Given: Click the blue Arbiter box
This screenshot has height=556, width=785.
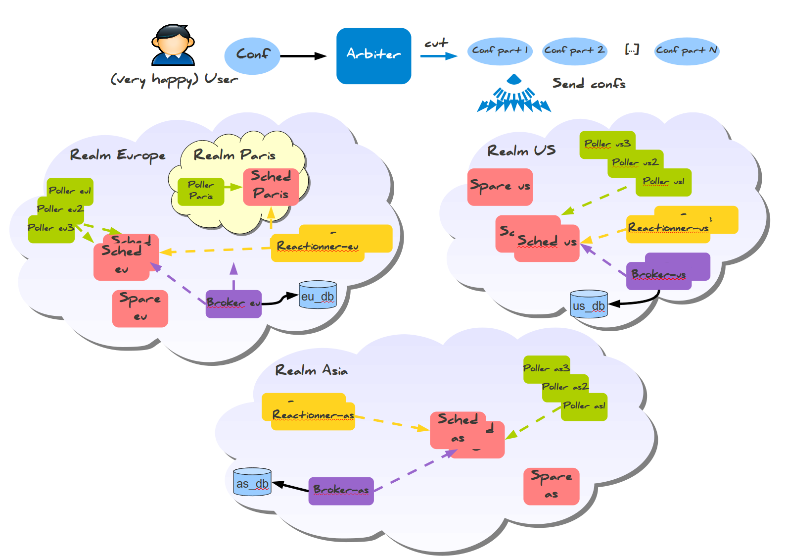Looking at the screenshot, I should [x=373, y=55].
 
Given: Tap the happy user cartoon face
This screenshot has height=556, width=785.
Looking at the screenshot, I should [x=173, y=45].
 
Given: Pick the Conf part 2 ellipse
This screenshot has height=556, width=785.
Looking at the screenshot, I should [x=574, y=51].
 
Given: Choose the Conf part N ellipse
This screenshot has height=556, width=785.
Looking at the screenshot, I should [x=687, y=51].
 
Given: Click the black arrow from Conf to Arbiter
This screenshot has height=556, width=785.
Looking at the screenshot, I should [x=303, y=56].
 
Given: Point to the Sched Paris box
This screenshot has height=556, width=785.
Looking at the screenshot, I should [x=271, y=186].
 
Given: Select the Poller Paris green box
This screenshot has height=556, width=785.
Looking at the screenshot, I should [x=201, y=191].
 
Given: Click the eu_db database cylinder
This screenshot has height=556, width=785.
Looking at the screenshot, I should [x=318, y=295].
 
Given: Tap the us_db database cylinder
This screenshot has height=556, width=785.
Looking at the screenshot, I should [x=589, y=304].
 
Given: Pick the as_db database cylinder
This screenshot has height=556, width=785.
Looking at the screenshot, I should [x=252, y=482].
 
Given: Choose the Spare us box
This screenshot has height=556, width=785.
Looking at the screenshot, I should [x=500, y=187].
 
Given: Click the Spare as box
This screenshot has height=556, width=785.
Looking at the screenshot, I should [x=551, y=486].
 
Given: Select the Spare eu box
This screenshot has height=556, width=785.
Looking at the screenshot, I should [x=140, y=308].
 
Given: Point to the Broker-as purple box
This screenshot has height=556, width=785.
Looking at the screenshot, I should [x=341, y=491].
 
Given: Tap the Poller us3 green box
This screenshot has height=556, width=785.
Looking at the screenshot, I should [x=607, y=144].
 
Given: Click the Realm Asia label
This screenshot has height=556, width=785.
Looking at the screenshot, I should [x=311, y=370].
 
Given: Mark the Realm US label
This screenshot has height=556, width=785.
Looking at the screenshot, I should [x=521, y=151].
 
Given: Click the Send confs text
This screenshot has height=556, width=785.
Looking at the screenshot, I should [x=589, y=84].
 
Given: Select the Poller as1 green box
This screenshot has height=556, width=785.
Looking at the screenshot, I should [x=584, y=406].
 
